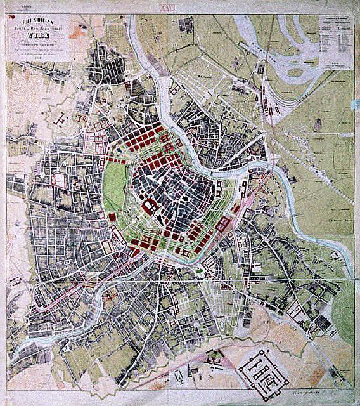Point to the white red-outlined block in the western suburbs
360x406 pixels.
tap(59, 180)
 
